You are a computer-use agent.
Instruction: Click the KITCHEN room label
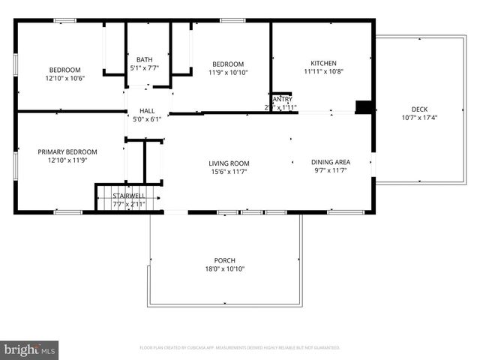point(324,64)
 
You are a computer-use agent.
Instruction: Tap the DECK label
point(419,108)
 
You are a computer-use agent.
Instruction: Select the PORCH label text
point(225,261)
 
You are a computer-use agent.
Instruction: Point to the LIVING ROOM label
point(229,163)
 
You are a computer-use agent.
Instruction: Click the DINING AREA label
point(331,162)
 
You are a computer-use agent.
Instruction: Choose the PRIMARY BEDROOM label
point(67,151)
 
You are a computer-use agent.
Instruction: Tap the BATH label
point(144,59)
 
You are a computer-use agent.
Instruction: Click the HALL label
point(146,110)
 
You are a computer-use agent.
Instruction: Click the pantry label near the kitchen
point(282,99)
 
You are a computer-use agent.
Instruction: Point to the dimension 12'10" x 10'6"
point(64,78)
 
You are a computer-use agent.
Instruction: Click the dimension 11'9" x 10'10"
point(228,73)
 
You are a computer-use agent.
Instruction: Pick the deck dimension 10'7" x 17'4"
point(419,117)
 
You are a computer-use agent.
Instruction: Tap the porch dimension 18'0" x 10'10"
point(225,269)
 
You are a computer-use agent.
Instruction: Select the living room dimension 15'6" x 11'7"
point(229,172)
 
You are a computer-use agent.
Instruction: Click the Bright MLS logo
point(30,349)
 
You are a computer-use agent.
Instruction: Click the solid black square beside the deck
point(364,107)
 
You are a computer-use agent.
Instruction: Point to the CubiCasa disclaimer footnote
point(240,348)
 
